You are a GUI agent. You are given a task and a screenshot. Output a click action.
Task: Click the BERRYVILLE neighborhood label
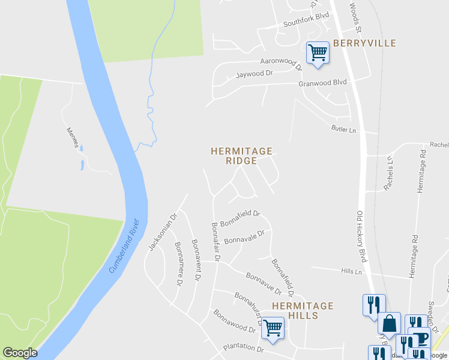tap(364, 43)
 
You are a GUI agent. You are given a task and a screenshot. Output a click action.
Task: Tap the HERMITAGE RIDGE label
tap(241, 156)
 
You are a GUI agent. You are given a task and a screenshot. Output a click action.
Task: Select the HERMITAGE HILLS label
tap(303, 310)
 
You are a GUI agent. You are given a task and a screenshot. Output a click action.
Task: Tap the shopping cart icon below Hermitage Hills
tap(273, 328)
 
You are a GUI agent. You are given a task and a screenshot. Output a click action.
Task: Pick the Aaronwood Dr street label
tap(280, 61)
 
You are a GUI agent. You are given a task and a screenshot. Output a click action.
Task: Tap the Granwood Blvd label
tap(323, 83)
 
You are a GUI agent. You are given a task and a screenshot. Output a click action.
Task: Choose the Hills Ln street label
tap(351, 272)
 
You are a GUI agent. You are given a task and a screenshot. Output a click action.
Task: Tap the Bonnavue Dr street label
tap(263, 282)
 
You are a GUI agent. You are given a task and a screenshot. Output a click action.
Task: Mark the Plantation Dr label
tap(243, 348)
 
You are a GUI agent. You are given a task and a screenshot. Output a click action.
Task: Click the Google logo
tap(20, 353)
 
